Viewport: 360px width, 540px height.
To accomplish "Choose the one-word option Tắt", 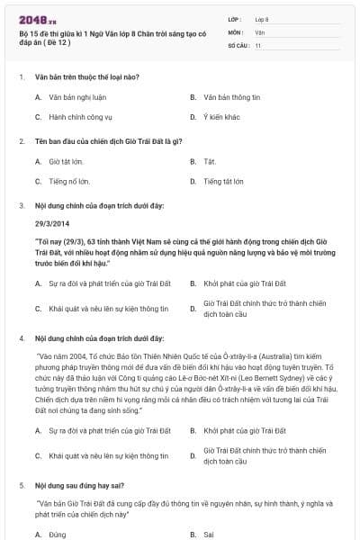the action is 209,161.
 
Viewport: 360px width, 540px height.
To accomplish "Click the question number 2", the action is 21,140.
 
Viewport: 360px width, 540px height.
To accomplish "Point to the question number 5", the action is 21,485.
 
